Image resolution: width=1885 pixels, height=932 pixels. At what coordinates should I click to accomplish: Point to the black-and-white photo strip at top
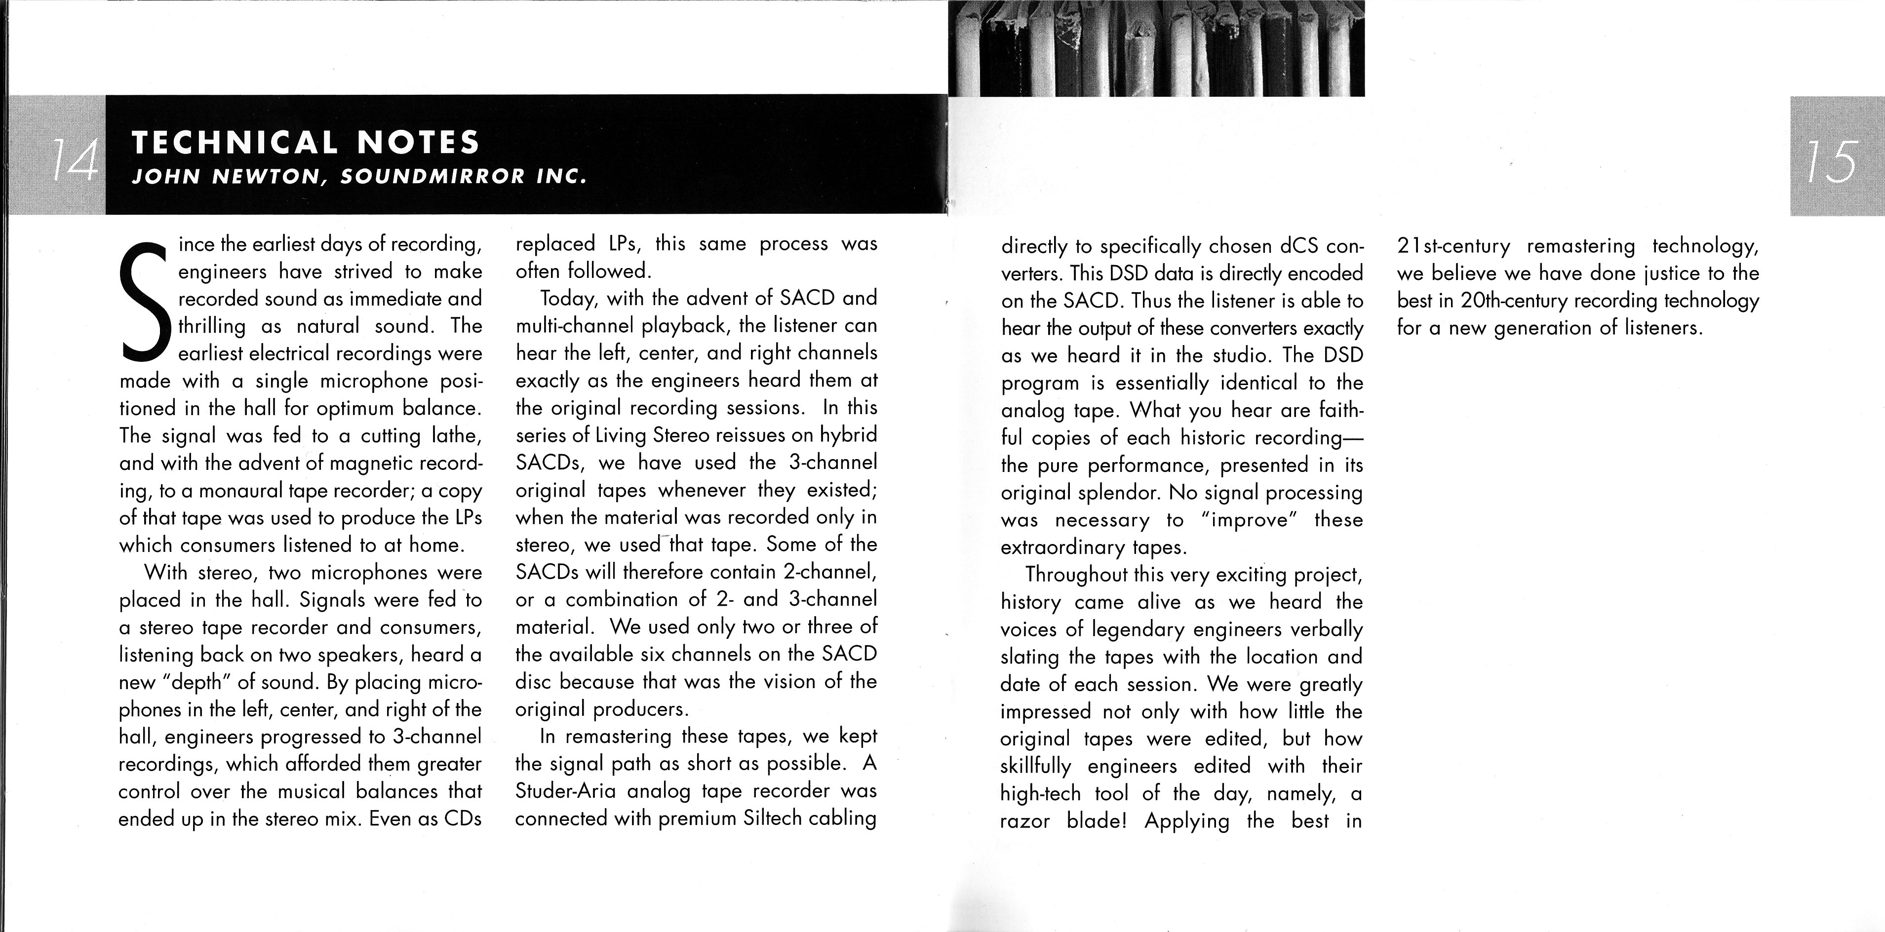(1156, 48)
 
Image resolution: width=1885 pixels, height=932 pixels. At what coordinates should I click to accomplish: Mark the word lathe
(455, 436)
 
